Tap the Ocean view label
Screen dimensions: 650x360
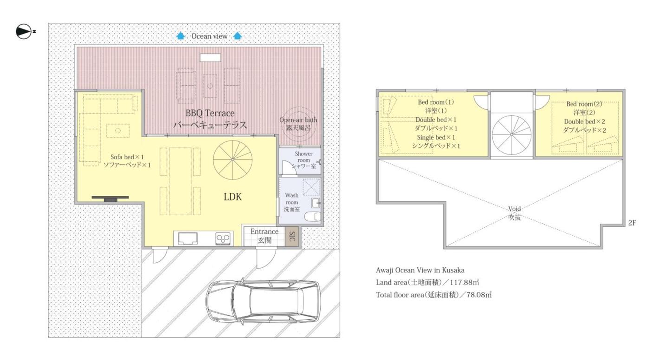(x=209, y=36)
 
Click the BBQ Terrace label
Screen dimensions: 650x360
(x=210, y=113)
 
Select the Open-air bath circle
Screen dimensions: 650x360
(x=299, y=124)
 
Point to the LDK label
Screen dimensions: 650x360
(x=233, y=197)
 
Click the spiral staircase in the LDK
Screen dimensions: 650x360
(x=233, y=160)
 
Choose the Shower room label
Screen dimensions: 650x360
(x=304, y=160)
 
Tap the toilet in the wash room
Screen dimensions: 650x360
(x=313, y=216)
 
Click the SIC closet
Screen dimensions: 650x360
(x=292, y=236)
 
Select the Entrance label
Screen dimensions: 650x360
(x=264, y=232)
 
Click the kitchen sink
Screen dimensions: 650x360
(x=188, y=239)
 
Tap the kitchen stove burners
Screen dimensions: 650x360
(x=223, y=239)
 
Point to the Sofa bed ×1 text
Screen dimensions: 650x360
(x=127, y=157)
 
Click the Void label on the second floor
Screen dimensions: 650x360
(x=514, y=209)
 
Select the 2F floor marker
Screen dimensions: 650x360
(x=632, y=223)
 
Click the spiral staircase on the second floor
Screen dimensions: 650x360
(x=512, y=135)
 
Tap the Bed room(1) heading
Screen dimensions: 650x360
(x=436, y=102)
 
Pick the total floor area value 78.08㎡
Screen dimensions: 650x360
(x=479, y=295)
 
